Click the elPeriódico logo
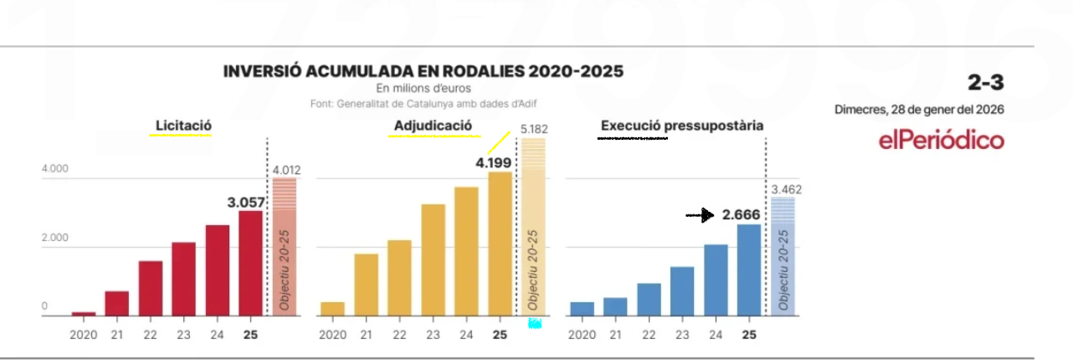tap(942, 141)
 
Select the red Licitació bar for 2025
tap(250, 263)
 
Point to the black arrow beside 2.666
tap(700, 216)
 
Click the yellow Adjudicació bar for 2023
tap(433, 260)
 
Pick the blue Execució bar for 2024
tap(716, 280)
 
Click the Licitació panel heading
tap(183, 126)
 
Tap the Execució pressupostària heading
tap(681, 126)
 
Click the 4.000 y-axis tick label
tap(55, 169)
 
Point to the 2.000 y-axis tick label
tap(55, 239)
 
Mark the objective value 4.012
tap(286, 171)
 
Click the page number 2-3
tap(985, 82)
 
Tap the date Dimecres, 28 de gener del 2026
tap(919, 110)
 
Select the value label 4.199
tap(493, 162)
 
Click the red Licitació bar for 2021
tap(117, 303)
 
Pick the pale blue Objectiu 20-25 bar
tap(783, 256)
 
